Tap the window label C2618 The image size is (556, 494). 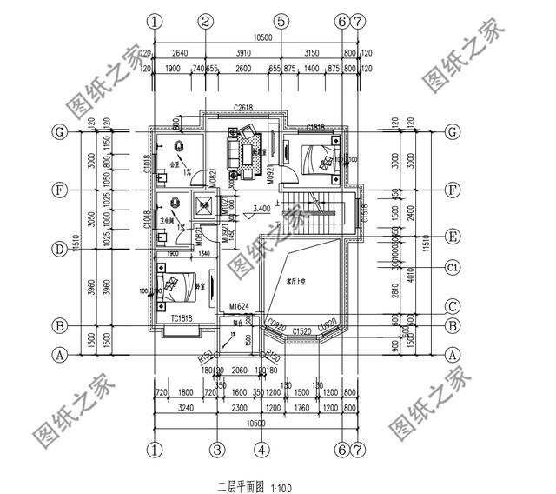(x=244, y=108)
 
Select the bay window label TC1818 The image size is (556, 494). (x=182, y=318)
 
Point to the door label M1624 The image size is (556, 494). (x=239, y=306)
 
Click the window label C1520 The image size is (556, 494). (x=301, y=331)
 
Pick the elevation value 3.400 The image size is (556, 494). (x=261, y=209)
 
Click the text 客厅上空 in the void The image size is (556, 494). (x=298, y=280)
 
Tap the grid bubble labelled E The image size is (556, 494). (x=452, y=236)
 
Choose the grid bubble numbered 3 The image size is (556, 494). (x=218, y=450)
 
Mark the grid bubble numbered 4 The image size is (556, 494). (x=260, y=450)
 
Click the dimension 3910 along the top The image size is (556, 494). (x=242, y=50)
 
